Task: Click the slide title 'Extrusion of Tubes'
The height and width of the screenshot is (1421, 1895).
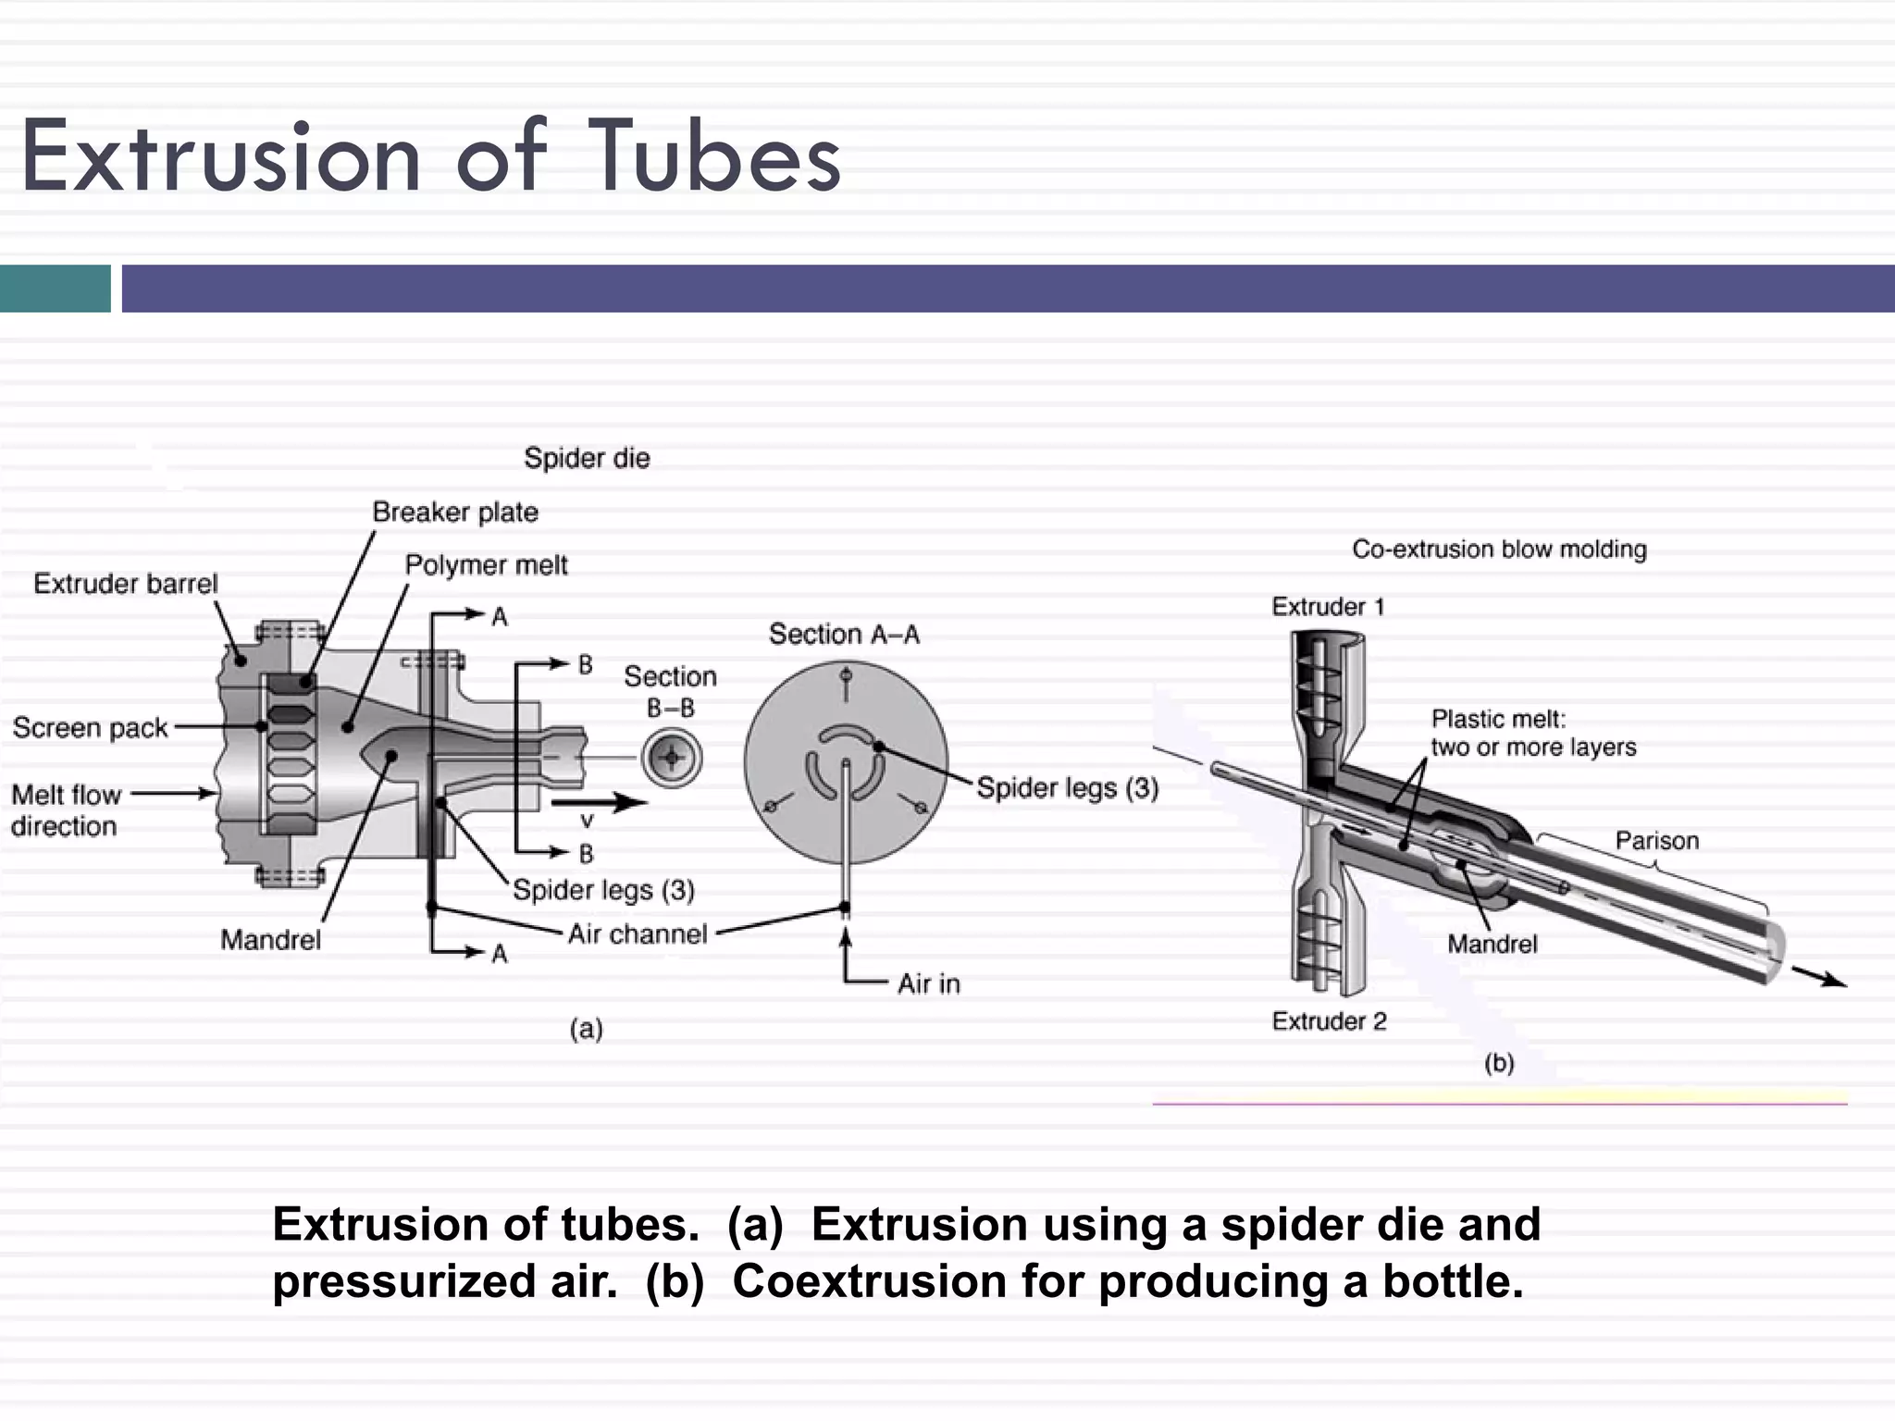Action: click(430, 157)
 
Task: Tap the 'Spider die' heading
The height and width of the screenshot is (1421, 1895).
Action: click(587, 458)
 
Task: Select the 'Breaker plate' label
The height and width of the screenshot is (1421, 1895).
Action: click(455, 512)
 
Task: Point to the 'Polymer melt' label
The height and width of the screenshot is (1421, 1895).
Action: click(486, 564)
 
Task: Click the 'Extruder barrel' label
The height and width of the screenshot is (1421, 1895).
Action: click(126, 584)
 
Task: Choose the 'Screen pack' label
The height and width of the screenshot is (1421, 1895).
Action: click(91, 728)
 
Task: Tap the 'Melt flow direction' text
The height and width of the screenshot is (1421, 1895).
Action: click(66, 810)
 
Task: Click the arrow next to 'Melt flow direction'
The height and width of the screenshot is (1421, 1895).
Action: click(174, 793)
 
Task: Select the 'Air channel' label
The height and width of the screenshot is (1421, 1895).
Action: click(638, 933)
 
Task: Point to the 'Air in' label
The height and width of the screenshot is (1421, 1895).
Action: click(928, 983)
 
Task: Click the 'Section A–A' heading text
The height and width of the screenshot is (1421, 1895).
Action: click(844, 635)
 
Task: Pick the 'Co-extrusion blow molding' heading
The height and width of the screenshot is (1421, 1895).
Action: click(1499, 550)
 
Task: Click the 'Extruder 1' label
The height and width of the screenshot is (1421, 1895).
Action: click(1328, 607)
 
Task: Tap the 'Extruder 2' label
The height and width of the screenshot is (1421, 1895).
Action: click(1329, 1021)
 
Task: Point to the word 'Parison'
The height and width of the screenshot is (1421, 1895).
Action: click(1656, 841)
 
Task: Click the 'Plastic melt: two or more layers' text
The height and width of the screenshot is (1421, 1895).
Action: click(1533, 733)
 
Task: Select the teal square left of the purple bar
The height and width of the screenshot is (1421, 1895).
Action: click(55, 289)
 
